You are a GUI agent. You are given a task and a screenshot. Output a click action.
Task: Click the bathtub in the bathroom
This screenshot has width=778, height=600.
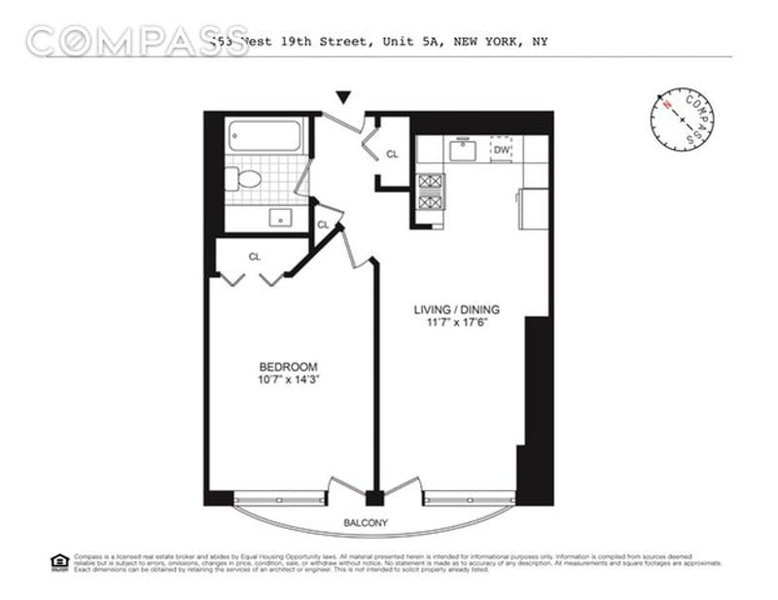265,135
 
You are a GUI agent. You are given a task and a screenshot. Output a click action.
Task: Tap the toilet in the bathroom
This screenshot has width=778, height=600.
245,178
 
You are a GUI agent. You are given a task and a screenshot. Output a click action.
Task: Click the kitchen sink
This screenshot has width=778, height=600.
461,150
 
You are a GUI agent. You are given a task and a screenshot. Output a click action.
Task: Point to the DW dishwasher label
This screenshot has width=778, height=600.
501,151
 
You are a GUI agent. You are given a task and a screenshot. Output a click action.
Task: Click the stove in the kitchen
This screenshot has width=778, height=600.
431,194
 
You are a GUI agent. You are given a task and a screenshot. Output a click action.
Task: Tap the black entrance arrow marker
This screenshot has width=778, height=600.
342,97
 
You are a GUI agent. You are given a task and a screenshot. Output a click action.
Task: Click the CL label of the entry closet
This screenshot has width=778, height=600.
392,154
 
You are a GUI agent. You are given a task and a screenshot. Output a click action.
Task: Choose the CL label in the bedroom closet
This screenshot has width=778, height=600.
254,257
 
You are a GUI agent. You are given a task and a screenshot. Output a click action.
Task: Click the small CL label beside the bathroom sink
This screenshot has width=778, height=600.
323,226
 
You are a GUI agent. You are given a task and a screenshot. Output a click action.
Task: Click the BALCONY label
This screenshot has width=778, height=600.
366,523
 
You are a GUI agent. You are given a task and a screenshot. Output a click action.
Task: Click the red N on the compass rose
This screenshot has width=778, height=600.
667,102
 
